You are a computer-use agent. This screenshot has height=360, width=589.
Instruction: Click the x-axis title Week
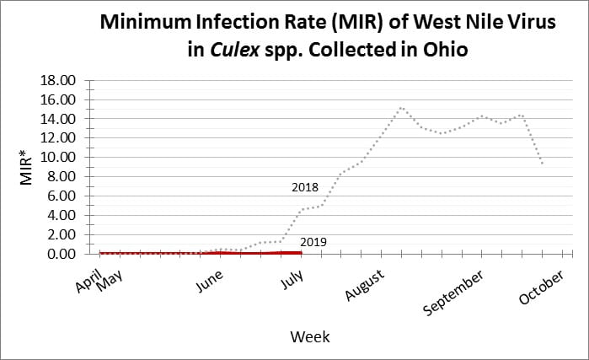310,336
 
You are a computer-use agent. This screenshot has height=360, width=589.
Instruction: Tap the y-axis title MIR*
26,167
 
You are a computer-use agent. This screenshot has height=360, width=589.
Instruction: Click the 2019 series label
313,243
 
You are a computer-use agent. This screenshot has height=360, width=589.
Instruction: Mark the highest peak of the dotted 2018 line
401,107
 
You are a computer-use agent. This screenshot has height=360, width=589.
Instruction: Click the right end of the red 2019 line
301,251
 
